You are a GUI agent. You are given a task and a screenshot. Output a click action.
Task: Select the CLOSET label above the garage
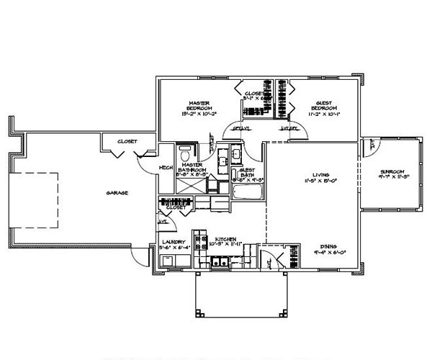tap(127, 142)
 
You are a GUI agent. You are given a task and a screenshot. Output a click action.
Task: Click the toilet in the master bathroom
tap(186, 153)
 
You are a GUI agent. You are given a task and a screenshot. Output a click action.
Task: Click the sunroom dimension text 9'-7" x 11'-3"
tap(393, 178)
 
